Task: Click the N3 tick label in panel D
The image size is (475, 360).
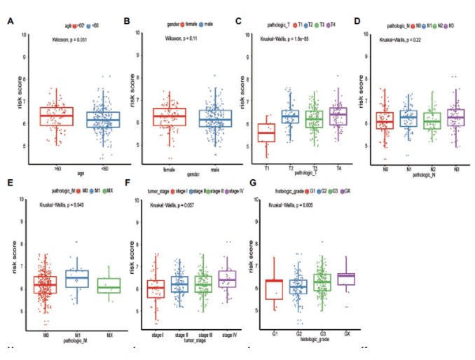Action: (x=441, y=169)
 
